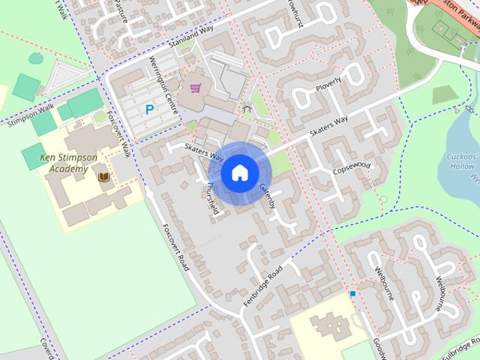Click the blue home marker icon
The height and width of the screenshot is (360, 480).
pos(239,173)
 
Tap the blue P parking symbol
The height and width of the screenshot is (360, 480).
pos(149,109)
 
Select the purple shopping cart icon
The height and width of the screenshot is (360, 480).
pos(196,88)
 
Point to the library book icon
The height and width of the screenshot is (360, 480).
pos(103,178)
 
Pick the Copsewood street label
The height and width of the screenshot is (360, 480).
pos(352,166)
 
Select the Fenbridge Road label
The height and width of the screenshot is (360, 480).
pos(263,284)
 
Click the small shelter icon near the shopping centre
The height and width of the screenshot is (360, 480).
pos(247,109)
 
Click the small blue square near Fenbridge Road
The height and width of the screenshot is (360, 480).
pos(352,293)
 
